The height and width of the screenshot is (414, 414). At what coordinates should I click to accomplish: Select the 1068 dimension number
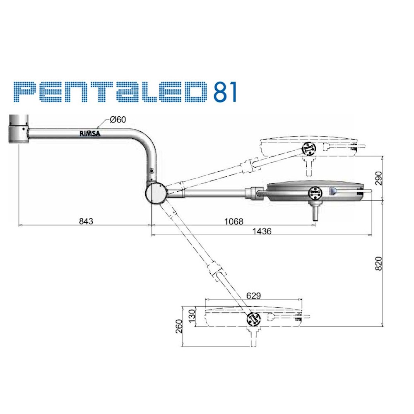pos(233,221)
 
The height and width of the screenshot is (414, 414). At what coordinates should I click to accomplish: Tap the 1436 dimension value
pos(262,231)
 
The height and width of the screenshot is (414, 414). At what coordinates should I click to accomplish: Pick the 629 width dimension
pos(253,296)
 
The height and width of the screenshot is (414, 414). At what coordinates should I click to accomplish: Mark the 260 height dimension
pos(179,327)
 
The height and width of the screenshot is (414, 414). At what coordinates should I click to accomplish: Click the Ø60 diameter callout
pos(118,120)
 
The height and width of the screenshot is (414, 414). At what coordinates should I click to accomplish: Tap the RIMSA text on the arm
pos(90,133)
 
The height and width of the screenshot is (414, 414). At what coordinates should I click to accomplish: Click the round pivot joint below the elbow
pos(156,193)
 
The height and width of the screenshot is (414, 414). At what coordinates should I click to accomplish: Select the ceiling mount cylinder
pos(19,129)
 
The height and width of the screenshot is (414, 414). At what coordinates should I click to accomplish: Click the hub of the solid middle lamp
pos(315,193)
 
